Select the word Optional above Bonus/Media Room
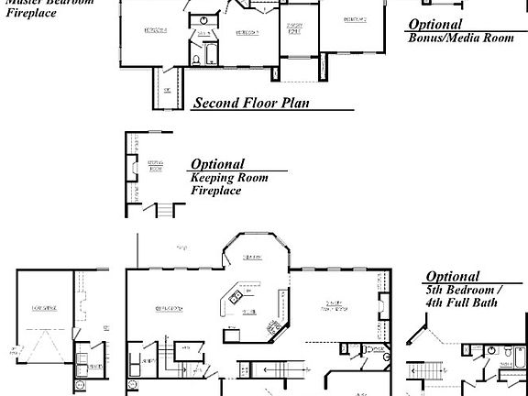click(x=435, y=25)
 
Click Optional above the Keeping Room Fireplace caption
click(x=217, y=164)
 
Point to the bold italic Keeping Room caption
click(x=229, y=178)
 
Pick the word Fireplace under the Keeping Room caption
click(x=215, y=191)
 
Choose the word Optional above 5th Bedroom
click(x=452, y=276)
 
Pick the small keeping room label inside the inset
click(x=156, y=167)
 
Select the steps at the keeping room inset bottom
click(x=166, y=210)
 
